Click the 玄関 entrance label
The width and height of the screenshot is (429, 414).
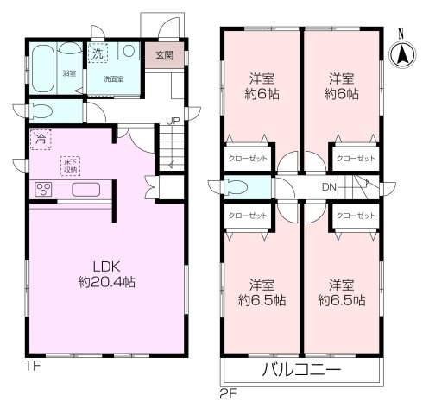[x=164, y=55]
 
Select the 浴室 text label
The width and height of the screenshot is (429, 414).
[x=68, y=73]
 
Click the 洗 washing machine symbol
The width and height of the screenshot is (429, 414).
[x=99, y=51]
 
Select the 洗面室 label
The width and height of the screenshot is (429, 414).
[x=114, y=78]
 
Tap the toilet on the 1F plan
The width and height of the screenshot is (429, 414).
[x=43, y=110]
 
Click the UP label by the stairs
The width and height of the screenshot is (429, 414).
[x=173, y=122]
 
